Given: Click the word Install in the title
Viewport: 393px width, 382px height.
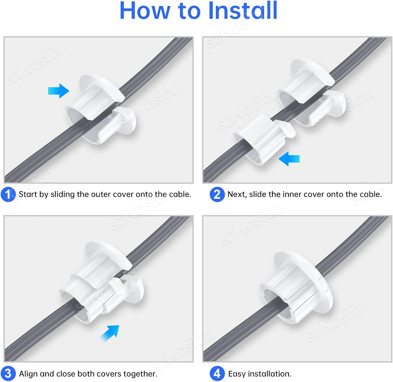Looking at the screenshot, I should point(243,11).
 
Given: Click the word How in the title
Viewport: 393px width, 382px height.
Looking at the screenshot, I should point(145,11).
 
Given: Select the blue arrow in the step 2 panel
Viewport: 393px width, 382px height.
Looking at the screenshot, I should point(289,159).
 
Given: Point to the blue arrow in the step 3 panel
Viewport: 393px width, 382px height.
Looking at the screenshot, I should point(111,333).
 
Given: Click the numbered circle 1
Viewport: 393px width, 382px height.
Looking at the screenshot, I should point(8,194).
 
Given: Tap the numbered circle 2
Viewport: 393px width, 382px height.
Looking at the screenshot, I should point(217,194).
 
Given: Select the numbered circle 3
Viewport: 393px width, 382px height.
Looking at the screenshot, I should point(8,374).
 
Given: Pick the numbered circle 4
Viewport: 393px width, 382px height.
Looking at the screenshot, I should point(217,374).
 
